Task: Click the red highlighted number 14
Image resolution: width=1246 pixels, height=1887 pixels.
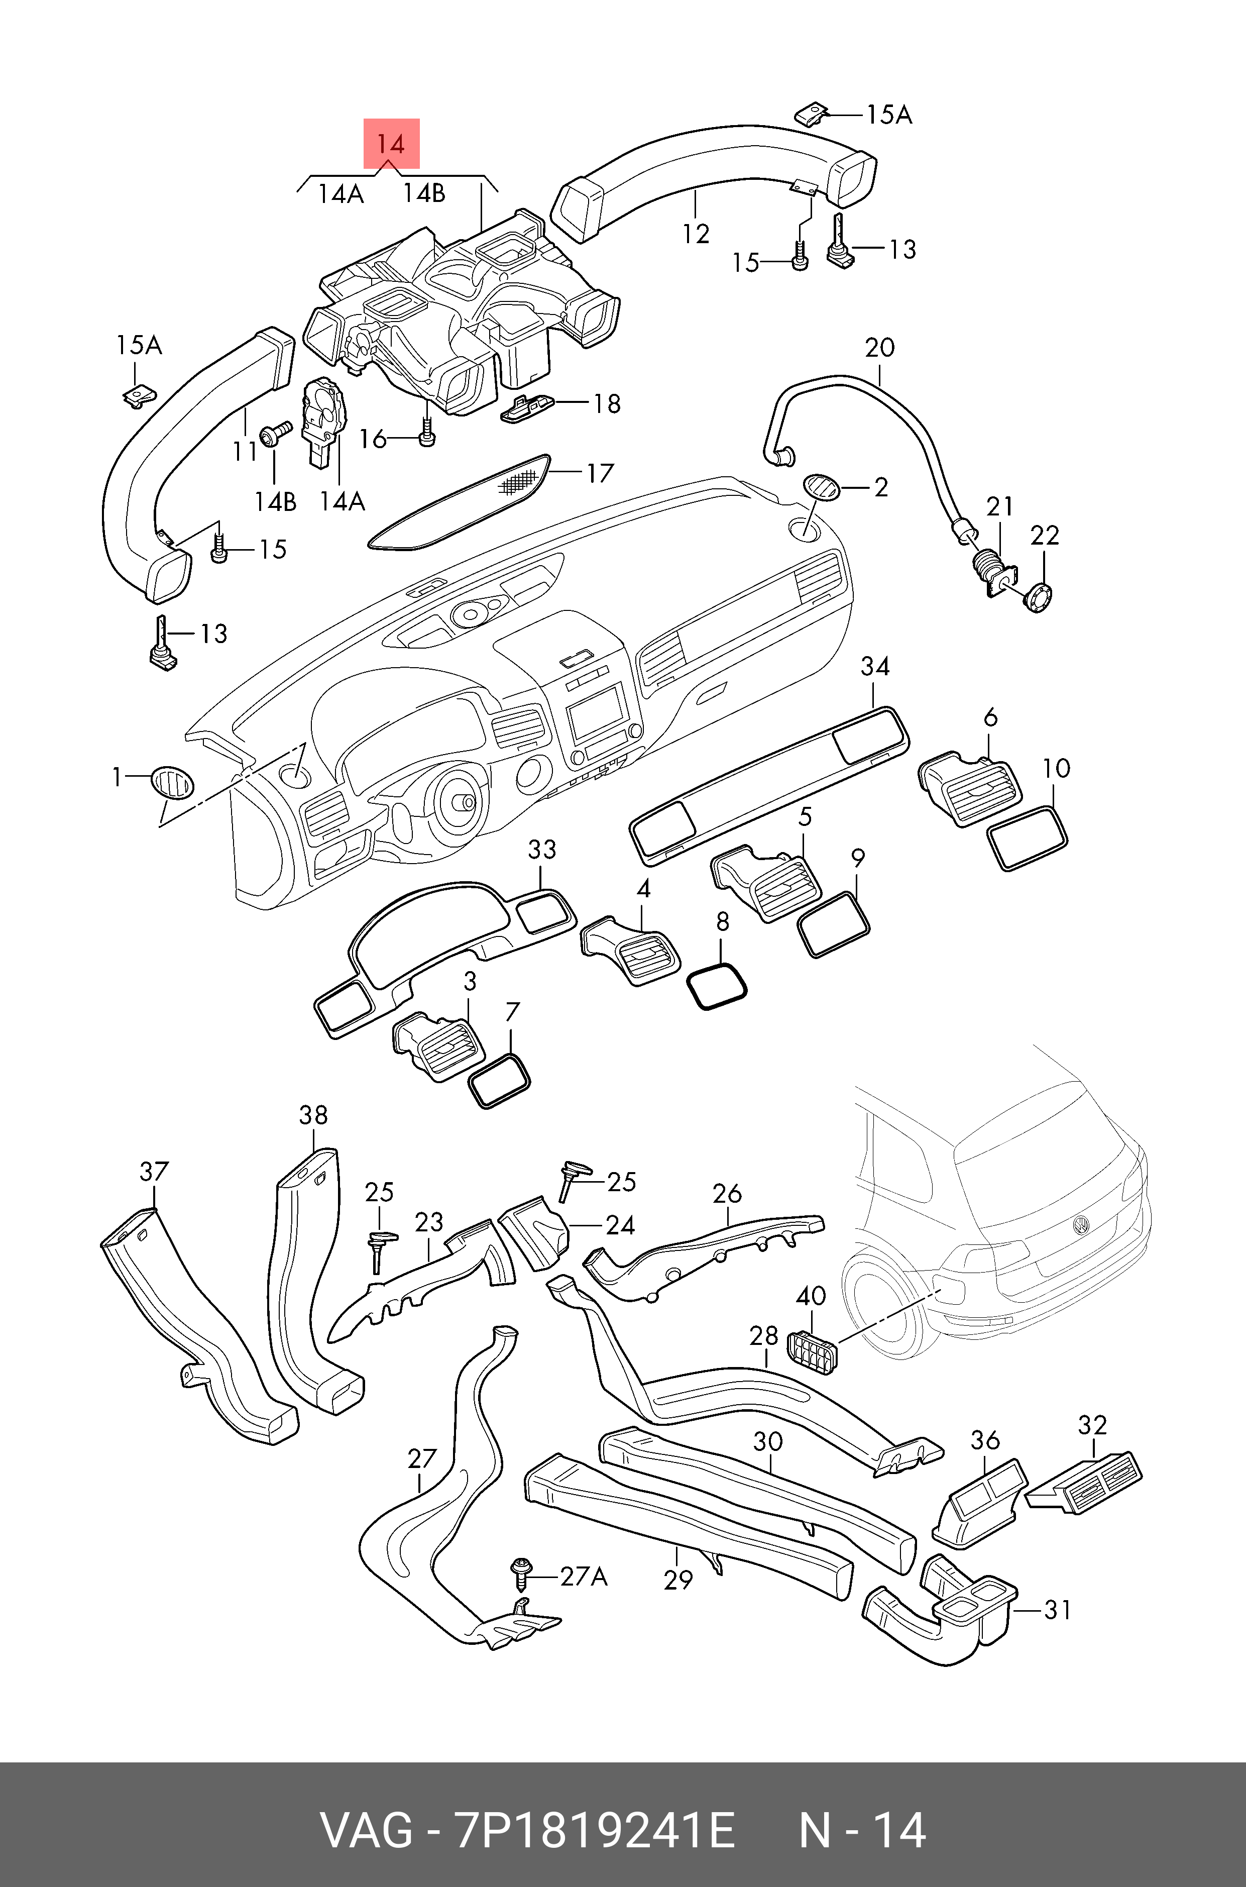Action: pyautogui.click(x=391, y=144)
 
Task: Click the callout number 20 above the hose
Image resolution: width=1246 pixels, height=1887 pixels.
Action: pyautogui.click(x=880, y=347)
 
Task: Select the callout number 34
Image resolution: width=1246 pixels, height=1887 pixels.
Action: pyautogui.click(x=875, y=666)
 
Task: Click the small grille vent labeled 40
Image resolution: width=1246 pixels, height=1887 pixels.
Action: pyautogui.click(x=811, y=1349)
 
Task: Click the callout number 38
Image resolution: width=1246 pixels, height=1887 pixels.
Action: pyautogui.click(x=313, y=1115)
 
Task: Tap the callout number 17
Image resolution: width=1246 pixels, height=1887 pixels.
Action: pyautogui.click(x=601, y=474)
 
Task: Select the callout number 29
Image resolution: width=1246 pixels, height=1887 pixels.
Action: pyautogui.click(x=678, y=1580)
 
